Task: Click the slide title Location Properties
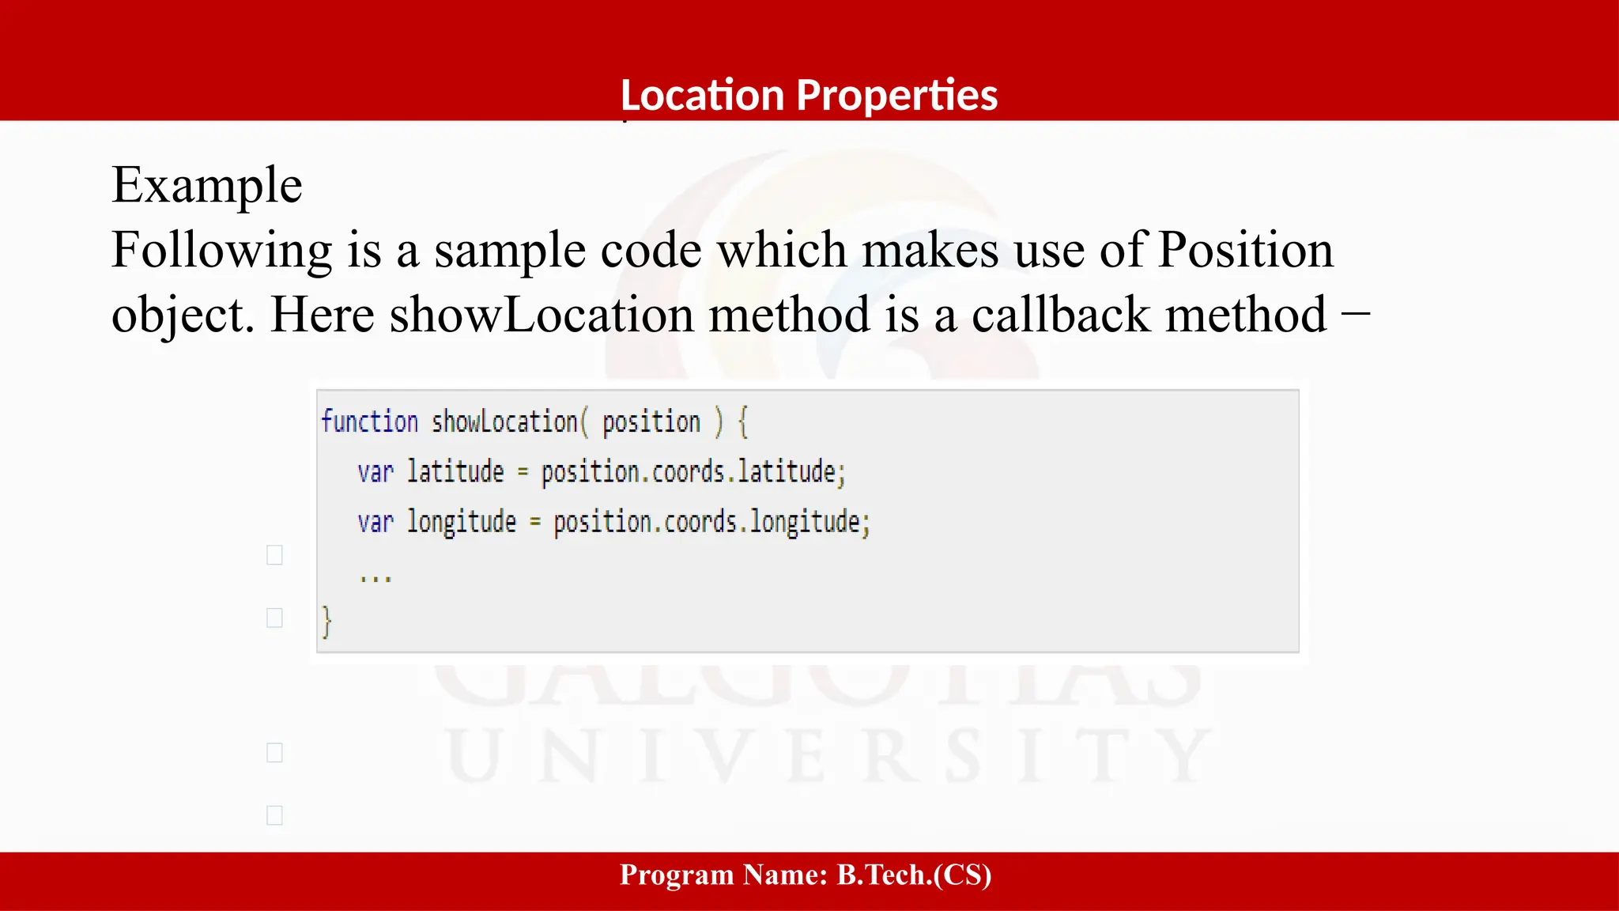[x=809, y=95]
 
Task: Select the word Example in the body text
[x=206, y=185]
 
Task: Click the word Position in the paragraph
[x=1245, y=250]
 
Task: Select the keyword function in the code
[x=369, y=421]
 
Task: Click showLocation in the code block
[x=504, y=421]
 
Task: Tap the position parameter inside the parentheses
[x=651, y=422]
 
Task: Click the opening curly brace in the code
[x=743, y=421]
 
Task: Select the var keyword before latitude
[x=375, y=472]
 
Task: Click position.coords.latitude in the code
[x=693, y=472]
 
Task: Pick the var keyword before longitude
[x=375, y=523]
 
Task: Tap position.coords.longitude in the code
[x=711, y=523]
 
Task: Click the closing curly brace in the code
[x=326, y=622]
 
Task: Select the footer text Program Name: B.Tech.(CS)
[x=806, y=875]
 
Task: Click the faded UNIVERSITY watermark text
[x=826, y=757]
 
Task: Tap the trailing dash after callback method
[x=1355, y=313]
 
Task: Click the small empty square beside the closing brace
[x=274, y=618]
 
